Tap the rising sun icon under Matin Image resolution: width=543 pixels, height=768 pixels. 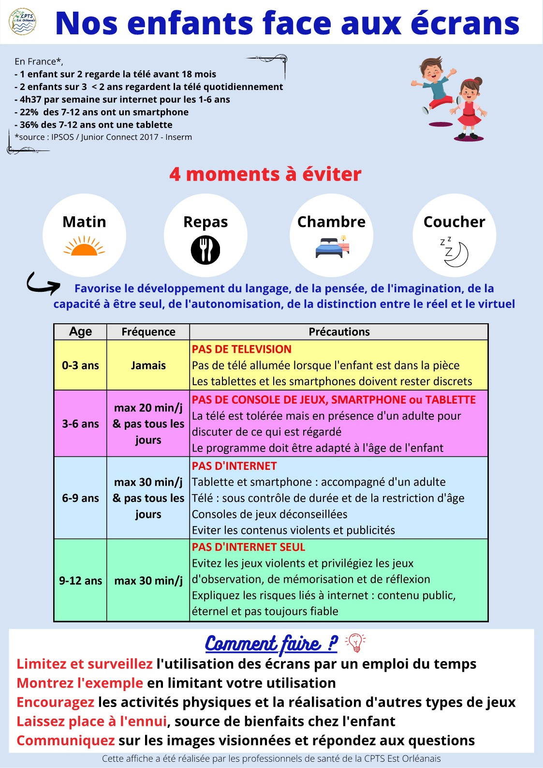pyautogui.click(x=84, y=246)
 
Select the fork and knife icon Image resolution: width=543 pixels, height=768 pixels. pyautogui.click(x=205, y=250)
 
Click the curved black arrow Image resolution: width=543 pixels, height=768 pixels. pyautogui.click(x=43, y=284)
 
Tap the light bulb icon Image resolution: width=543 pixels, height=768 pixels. pyautogui.click(x=355, y=643)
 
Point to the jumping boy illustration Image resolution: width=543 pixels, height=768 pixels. pyautogui.click(x=433, y=87)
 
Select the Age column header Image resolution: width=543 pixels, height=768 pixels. pyautogui.click(x=80, y=332)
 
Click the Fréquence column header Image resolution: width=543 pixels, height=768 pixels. pyautogui.click(x=148, y=332)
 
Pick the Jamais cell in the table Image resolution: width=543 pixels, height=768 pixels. pyautogui.click(x=148, y=365)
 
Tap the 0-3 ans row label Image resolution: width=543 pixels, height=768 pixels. pyautogui.click(x=80, y=365)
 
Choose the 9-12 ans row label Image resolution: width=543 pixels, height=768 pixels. pyautogui.click(x=80, y=580)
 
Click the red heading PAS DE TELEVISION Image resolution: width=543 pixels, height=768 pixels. pyautogui.click(x=242, y=349)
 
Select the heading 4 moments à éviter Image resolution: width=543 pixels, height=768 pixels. pyautogui.click(x=265, y=174)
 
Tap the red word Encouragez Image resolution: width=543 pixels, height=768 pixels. pyautogui.click(x=56, y=702)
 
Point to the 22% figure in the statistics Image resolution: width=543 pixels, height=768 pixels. pyautogui.click(x=29, y=112)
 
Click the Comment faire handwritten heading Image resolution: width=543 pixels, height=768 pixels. pyautogui.click(x=271, y=644)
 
